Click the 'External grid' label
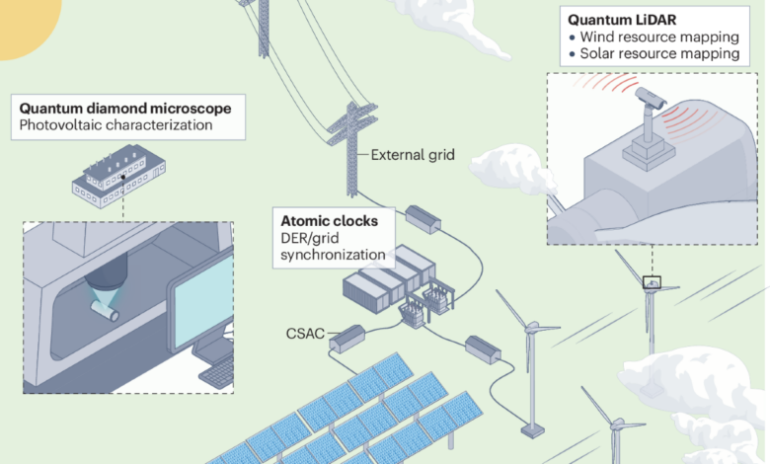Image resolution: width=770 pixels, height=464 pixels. [413, 155]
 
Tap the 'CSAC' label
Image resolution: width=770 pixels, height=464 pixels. [305, 334]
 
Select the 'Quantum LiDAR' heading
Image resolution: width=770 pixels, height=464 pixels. [622, 20]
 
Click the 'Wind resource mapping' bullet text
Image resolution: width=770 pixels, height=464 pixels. [659, 37]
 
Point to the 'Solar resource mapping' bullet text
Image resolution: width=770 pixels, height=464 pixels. [659, 53]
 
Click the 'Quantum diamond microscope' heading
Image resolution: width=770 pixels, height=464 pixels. [125, 108]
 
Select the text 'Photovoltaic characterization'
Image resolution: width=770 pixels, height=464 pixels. [115, 124]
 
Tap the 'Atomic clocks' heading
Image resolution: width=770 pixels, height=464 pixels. [329, 221]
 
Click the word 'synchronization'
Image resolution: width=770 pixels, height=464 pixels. [333, 255]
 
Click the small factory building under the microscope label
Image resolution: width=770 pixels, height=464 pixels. [118, 177]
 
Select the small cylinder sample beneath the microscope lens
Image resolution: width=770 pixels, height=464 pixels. [105, 310]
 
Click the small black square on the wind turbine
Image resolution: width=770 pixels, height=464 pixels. [652, 282]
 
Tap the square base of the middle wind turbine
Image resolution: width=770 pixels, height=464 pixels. [532, 431]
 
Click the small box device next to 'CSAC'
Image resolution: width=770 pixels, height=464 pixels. [347, 339]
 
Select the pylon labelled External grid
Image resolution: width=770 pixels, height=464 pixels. [351, 149]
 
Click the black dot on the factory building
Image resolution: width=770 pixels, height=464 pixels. [123, 178]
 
